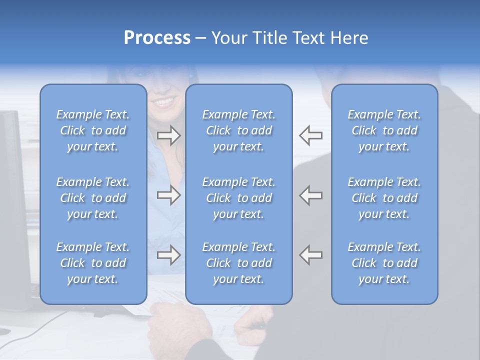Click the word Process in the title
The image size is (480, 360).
click(x=157, y=38)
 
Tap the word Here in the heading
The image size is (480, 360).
click(x=348, y=38)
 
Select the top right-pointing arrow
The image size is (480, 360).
click(x=168, y=135)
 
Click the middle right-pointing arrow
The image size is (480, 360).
click(x=168, y=195)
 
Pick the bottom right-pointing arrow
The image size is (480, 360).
click(x=168, y=255)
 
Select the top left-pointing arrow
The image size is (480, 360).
click(x=311, y=135)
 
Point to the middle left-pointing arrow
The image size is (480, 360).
click(x=311, y=195)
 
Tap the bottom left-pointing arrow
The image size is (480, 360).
click(x=311, y=255)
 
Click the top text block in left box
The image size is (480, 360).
click(x=93, y=130)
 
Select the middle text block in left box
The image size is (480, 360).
click(x=93, y=198)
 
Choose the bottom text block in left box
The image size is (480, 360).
click(x=93, y=263)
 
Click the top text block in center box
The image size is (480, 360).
click(x=238, y=130)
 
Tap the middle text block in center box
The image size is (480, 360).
click(x=238, y=198)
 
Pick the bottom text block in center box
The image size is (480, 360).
click(x=238, y=263)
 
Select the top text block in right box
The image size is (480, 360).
click(x=384, y=130)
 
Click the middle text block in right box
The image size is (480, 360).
click(x=384, y=198)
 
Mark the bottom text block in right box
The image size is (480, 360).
click(x=384, y=263)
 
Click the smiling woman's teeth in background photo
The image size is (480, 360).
click(x=165, y=101)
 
